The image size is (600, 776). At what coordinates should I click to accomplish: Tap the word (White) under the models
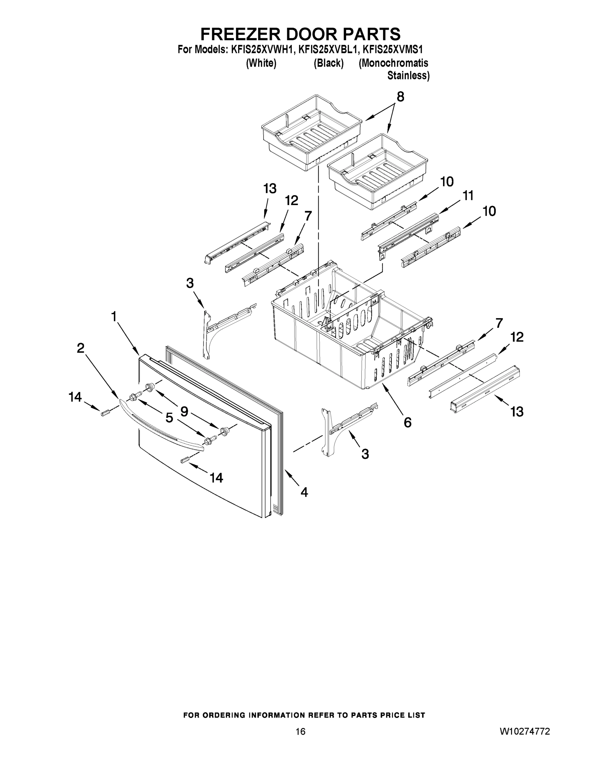click(x=261, y=63)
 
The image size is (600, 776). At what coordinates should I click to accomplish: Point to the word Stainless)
click(x=408, y=76)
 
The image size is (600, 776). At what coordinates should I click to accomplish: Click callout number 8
click(x=400, y=97)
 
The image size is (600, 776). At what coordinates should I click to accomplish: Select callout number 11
click(x=468, y=195)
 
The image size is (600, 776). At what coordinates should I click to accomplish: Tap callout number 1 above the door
click(x=114, y=316)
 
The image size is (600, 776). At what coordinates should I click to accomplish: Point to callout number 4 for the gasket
click(x=304, y=492)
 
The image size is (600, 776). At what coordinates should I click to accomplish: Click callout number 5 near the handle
click(x=169, y=418)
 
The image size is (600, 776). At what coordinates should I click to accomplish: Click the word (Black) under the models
click(x=328, y=63)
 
